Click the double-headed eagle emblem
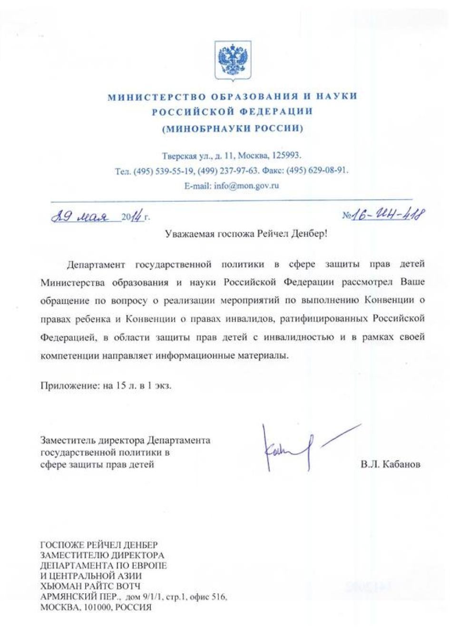click(x=233, y=60)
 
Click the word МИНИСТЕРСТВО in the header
click(x=149, y=97)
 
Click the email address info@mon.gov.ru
click(x=246, y=186)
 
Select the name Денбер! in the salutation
click(x=310, y=234)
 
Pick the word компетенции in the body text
click(x=69, y=355)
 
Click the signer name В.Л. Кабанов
click(x=390, y=464)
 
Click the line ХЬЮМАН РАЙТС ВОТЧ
click(x=90, y=586)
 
